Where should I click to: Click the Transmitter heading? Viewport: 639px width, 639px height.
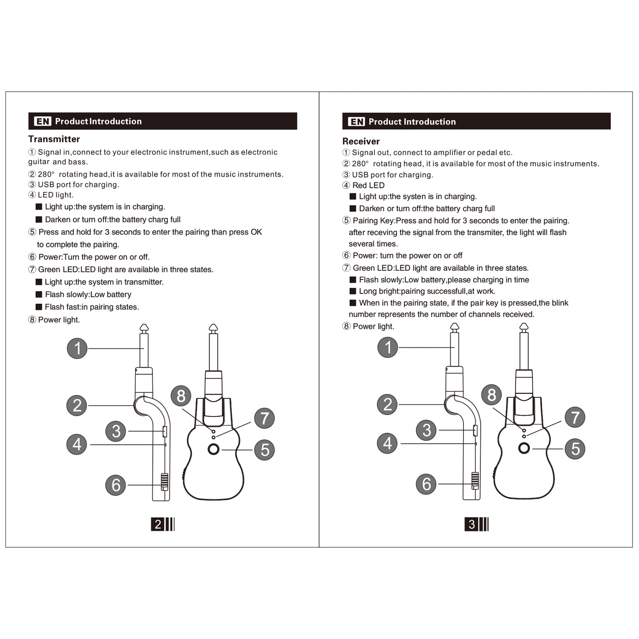point(54,139)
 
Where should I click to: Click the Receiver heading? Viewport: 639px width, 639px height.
point(361,141)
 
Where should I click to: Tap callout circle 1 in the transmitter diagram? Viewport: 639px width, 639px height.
point(77,348)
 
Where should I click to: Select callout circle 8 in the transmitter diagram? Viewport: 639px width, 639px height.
point(181,396)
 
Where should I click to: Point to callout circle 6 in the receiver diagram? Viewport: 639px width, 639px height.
point(426,484)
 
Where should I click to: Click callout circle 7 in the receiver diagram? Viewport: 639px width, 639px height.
point(575,417)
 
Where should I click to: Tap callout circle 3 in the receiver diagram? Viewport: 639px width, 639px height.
point(426,430)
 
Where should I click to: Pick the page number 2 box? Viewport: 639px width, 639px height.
point(158,524)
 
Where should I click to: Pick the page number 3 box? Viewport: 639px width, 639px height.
point(471,524)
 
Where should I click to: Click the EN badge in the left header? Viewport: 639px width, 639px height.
point(43,121)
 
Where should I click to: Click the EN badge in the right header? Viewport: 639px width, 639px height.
point(357,122)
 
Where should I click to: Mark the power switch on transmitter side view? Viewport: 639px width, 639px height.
point(164,482)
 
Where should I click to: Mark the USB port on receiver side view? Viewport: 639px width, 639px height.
point(475,430)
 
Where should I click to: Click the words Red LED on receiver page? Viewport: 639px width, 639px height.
point(368,185)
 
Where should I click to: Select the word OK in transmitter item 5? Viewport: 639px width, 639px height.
point(256,232)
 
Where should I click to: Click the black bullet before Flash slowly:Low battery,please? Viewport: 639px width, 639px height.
point(353,280)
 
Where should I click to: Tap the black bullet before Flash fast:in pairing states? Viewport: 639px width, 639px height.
point(39,307)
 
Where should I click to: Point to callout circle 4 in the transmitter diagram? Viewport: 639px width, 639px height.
point(77,444)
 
